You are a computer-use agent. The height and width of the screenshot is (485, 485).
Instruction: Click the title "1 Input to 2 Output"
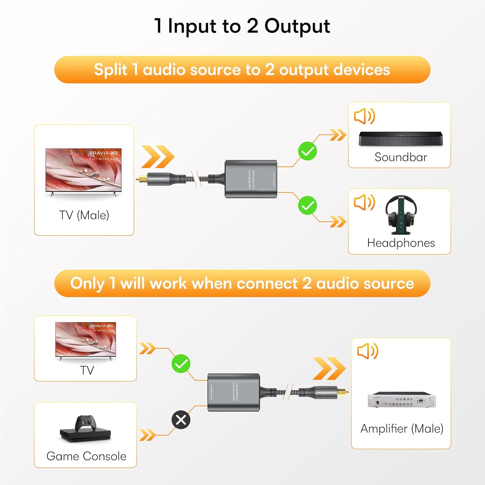pyautogui.click(x=242, y=26)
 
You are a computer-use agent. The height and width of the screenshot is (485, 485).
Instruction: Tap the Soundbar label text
pyautogui.click(x=401, y=157)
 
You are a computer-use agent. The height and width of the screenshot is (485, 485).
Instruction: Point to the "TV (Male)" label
pyautogui.click(x=84, y=215)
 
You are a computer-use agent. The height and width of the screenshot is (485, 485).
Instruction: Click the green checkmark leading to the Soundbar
pyautogui.click(x=307, y=151)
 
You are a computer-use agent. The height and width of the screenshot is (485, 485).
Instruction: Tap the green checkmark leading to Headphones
pyautogui.click(x=307, y=205)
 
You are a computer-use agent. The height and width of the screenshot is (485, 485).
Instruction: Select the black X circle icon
pyautogui.click(x=181, y=420)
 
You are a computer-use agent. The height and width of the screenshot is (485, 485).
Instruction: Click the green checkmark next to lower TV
pyautogui.click(x=181, y=364)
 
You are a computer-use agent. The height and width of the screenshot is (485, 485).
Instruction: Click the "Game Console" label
pyautogui.click(x=86, y=456)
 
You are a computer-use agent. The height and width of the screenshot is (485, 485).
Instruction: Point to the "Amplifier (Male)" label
pyautogui.click(x=402, y=429)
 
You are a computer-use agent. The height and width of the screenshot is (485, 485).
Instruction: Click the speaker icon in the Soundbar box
pyautogui.click(x=364, y=116)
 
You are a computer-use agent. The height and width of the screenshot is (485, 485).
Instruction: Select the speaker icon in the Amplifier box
pyautogui.click(x=367, y=351)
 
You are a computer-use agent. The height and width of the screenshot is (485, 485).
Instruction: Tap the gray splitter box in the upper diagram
pyautogui.click(x=251, y=179)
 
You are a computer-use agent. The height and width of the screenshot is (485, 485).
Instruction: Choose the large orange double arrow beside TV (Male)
pyautogui.click(x=157, y=157)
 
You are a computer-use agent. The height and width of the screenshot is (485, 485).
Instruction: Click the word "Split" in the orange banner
pyautogui.click(x=110, y=70)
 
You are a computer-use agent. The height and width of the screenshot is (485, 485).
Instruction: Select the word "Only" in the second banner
pyautogui.click(x=87, y=284)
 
